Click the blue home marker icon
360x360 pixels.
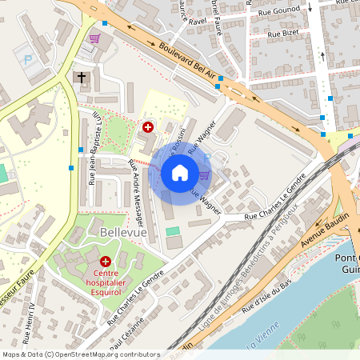pyautogui.click(x=180, y=172)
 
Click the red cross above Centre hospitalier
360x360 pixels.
pyautogui.click(x=106, y=262)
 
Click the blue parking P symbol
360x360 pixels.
pyautogui.click(x=29, y=59)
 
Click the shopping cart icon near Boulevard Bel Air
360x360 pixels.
pyautogui.click(x=95, y=38)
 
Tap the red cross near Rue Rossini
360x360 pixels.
pyautogui.click(x=147, y=126)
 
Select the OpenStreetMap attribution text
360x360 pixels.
pyautogui.click(x=81, y=354)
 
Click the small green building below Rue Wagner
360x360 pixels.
pyautogui.click(x=173, y=231)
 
